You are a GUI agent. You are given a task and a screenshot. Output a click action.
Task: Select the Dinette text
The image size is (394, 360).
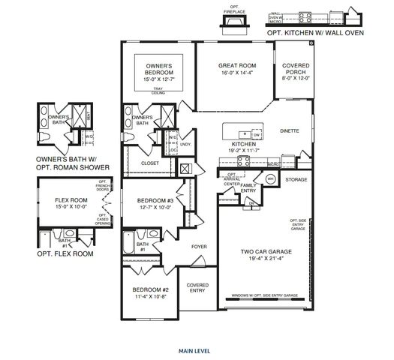290,130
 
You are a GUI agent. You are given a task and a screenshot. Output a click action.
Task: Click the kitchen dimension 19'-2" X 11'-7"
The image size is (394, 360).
244,150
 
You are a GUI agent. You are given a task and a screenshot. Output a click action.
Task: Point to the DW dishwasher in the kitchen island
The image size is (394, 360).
256,135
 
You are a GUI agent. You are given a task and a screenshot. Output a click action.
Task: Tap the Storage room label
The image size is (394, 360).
296,180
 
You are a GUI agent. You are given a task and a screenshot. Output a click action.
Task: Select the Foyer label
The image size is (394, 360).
199,246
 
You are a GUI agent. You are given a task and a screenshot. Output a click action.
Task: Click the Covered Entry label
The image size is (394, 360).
197,287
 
